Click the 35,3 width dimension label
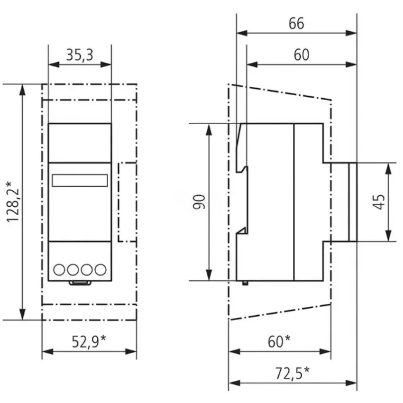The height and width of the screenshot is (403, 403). click(80, 55)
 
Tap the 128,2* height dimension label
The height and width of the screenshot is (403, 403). click(13, 202)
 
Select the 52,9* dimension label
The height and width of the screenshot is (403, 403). click(89, 341)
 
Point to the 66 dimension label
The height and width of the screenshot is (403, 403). click(296, 23)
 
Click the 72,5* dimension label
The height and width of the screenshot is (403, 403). click(293, 373)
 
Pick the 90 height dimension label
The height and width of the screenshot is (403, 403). click(199, 202)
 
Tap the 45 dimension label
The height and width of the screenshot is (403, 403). click(379, 202)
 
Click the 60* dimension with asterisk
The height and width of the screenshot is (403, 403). click(279, 341)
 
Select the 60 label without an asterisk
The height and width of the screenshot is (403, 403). click(302, 55)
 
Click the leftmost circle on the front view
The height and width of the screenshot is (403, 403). click(59, 270)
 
